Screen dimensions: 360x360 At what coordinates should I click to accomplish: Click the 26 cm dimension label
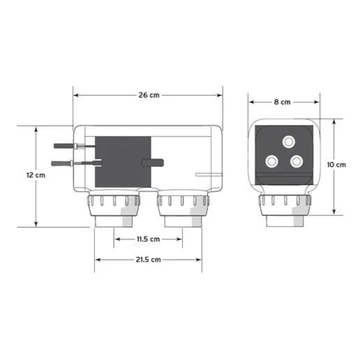[x=149, y=95]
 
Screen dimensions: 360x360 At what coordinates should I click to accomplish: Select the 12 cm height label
[x=36, y=175]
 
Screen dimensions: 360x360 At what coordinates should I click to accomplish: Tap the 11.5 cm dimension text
[x=148, y=239]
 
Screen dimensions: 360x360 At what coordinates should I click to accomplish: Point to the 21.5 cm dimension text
[x=148, y=260]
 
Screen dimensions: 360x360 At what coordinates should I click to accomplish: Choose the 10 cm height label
[x=336, y=165]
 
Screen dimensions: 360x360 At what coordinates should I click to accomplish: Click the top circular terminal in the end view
[x=289, y=142]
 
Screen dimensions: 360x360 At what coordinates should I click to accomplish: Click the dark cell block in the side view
[x=123, y=162]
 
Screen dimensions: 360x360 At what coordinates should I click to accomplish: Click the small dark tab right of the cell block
[x=153, y=162]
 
